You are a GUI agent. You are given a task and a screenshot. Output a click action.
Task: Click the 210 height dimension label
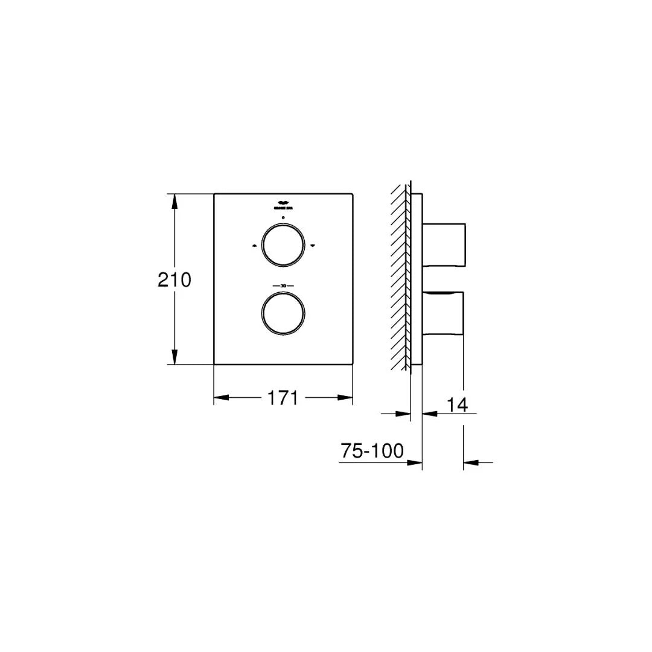(174, 280)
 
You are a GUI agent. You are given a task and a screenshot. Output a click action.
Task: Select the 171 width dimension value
(283, 398)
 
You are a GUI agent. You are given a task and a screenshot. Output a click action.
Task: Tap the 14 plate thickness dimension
(458, 404)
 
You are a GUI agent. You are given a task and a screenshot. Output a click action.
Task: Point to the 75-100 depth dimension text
(372, 451)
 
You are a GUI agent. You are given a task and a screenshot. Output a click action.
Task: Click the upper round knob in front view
(283, 245)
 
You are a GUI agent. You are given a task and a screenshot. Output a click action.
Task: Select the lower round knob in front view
(283, 313)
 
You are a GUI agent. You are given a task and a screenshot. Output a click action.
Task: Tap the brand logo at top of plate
(283, 204)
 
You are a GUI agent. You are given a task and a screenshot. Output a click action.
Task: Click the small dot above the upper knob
(283, 216)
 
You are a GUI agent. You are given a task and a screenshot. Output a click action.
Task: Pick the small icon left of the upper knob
(254, 246)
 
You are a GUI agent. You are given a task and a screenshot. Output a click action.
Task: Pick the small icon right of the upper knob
(313, 246)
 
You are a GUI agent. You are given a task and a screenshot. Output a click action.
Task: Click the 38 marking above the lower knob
(283, 285)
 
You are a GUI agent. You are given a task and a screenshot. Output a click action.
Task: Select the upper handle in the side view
(444, 244)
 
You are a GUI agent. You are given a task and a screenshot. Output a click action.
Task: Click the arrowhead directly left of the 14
(429, 414)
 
